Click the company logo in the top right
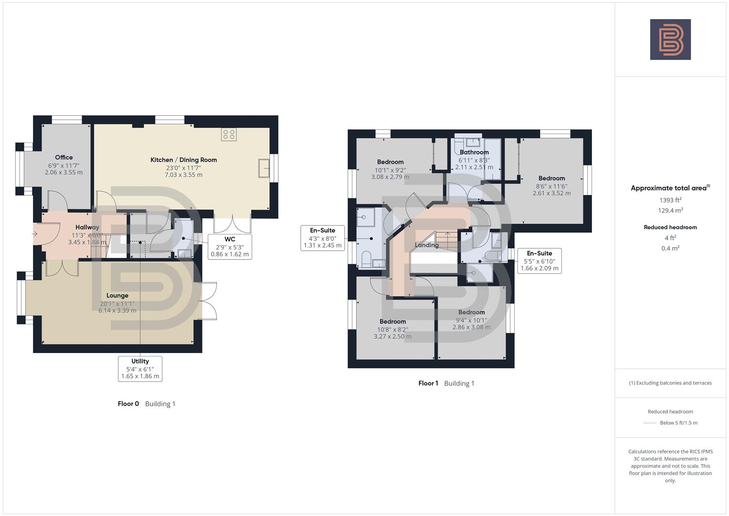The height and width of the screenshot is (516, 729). pyautogui.click(x=670, y=39)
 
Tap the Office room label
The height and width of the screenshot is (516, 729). pyautogui.click(x=64, y=158)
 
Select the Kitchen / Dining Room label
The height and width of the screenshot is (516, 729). pyautogui.click(x=183, y=160)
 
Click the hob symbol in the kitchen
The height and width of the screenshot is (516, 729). pyautogui.click(x=229, y=134)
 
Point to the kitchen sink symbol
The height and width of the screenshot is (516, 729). pyautogui.click(x=264, y=168)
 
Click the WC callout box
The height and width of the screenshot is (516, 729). pyautogui.click(x=230, y=247)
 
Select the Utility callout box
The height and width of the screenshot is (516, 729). pyautogui.click(x=140, y=369)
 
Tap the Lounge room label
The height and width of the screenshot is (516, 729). pyautogui.click(x=117, y=296)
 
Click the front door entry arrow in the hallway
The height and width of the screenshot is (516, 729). pyautogui.click(x=35, y=234)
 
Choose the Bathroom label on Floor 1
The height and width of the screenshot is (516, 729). pyautogui.click(x=474, y=152)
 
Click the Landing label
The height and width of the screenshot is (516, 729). pyautogui.click(x=426, y=245)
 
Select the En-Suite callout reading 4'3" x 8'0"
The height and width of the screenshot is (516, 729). pyautogui.click(x=322, y=238)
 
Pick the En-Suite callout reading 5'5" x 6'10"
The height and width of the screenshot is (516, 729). pyautogui.click(x=539, y=261)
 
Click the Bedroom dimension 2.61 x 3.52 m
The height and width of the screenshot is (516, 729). pyautogui.click(x=551, y=193)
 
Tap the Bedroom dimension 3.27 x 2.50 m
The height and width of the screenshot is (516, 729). pyautogui.click(x=392, y=336)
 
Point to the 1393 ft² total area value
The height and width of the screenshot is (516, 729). pyautogui.click(x=670, y=200)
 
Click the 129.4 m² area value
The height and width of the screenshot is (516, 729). pyautogui.click(x=670, y=211)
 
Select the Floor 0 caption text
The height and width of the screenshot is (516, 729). pyautogui.click(x=128, y=404)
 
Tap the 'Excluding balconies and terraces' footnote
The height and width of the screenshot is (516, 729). pyautogui.click(x=670, y=383)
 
